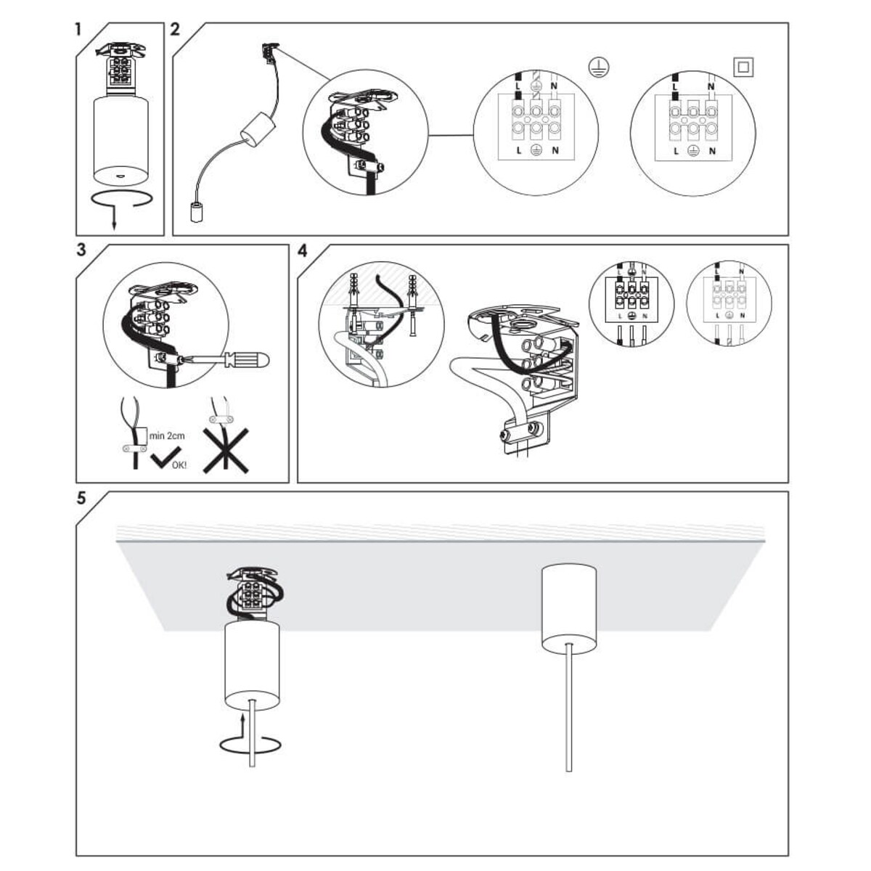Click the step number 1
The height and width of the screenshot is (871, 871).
click(x=78, y=30)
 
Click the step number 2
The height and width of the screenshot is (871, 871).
click(x=175, y=30)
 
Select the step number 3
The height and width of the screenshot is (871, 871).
click(x=80, y=250)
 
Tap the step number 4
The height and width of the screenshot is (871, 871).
click(x=303, y=251)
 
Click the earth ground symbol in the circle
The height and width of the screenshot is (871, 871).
click(x=598, y=68)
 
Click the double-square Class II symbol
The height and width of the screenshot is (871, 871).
click(x=744, y=68)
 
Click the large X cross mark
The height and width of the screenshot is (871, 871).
click(x=225, y=450)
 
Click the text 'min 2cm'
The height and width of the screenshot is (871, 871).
click(x=167, y=435)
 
